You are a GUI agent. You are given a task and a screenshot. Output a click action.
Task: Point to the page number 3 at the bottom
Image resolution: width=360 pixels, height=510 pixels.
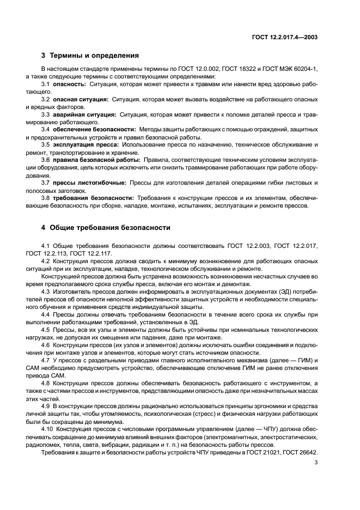(316, 463)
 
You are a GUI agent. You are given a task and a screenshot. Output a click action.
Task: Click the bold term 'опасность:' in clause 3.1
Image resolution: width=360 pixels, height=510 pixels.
(69, 84)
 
